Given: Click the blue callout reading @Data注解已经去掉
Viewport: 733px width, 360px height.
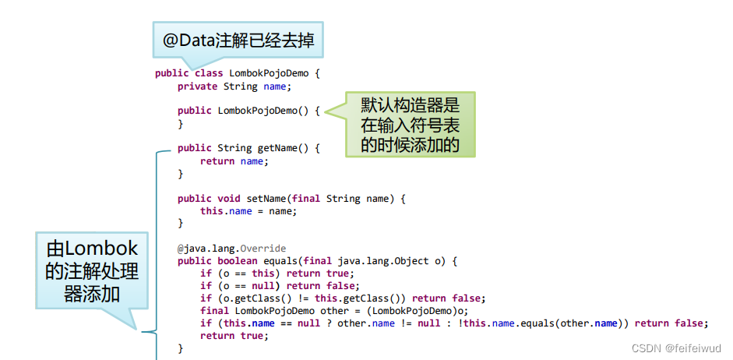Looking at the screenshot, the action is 238,41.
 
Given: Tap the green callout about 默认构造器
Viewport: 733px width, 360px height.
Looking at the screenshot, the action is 409,125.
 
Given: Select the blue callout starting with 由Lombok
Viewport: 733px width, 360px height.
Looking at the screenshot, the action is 92,270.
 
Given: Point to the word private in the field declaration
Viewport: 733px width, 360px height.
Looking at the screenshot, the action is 197,86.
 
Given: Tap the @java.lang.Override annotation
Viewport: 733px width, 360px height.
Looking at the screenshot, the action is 220,249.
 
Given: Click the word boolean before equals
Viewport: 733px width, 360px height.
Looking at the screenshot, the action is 238,261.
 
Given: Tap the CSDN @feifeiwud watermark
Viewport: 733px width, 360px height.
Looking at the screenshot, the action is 675,348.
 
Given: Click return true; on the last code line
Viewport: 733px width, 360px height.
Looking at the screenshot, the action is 233,336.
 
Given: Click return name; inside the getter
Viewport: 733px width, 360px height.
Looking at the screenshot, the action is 233,161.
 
